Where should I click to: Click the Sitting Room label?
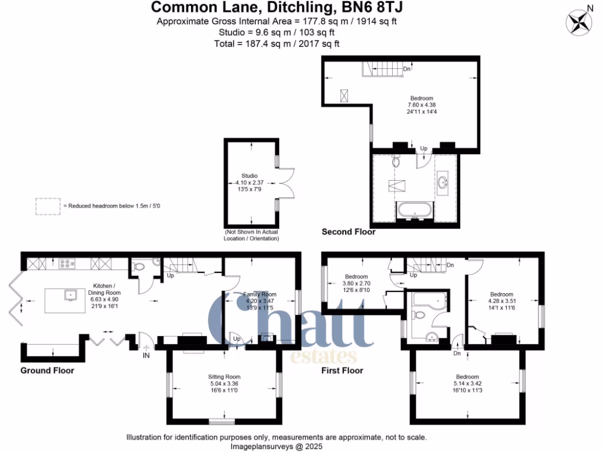click(x=224, y=377)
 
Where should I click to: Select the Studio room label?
click(x=249, y=175)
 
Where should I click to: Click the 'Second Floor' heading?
click(x=348, y=232)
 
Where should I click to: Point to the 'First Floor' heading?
click(x=342, y=370)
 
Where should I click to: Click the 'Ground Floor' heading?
click(x=47, y=370)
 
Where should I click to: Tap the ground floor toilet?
click(x=139, y=267)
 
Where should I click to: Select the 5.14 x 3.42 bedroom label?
click(x=467, y=377)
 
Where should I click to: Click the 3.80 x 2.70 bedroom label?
click(x=356, y=277)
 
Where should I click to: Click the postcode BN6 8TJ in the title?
click(x=369, y=7)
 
